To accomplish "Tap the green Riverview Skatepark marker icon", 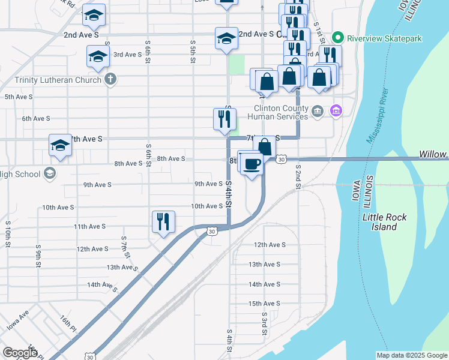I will (337, 38).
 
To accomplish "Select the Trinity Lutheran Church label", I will (57, 79).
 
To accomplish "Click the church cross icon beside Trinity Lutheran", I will (110, 79).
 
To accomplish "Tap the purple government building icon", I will (336, 110).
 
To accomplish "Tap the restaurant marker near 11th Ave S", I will (162, 221).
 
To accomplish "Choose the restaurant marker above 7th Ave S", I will (224, 119).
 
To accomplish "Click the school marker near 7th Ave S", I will (61, 145).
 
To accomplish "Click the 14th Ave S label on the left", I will (101, 284).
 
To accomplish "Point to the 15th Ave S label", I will (264, 304).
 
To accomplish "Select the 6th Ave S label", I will (36, 118).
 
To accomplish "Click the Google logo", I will (20, 353).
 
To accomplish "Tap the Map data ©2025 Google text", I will (412, 355).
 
